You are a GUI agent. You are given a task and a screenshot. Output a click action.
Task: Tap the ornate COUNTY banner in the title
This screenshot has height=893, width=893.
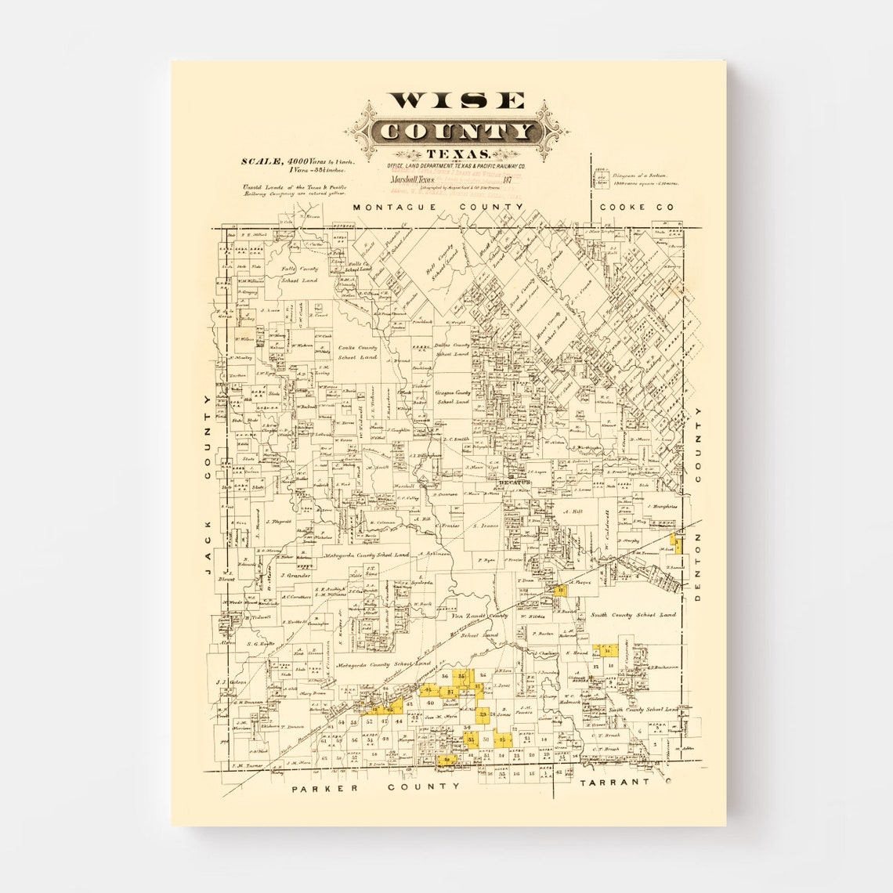457,132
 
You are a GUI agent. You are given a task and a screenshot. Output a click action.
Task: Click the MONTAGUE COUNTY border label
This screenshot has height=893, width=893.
437,207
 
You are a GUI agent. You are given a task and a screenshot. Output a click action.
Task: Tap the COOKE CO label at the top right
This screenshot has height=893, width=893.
635,207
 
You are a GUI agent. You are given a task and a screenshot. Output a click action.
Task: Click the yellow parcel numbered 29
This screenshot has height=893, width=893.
483,714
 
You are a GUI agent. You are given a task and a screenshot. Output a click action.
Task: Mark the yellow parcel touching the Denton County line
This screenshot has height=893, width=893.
678,542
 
